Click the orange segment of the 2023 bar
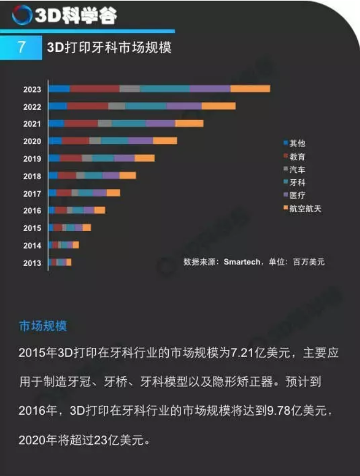[x=250, y=89]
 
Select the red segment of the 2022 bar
[x=87, y=106]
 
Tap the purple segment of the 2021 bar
[x=160, y=123]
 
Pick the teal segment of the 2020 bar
[x=114, y=141]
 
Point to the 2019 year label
[x=32, y=159]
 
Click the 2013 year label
[x=32, y=263]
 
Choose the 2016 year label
[x=32, y=211]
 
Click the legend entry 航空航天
[x=305, y=208]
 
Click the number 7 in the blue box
[x=22, y=47]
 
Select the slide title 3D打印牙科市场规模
[x=109, y=48]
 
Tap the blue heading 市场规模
[x=43, y=326]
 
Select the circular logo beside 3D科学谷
[x=22, y=15]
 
